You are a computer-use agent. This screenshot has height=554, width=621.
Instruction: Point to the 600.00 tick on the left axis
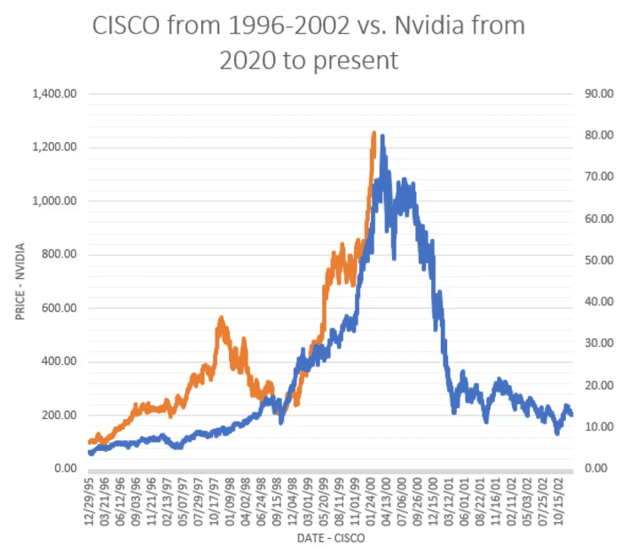tap(55, 308)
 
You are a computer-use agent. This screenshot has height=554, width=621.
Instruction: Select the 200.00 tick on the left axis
tap(55, 415)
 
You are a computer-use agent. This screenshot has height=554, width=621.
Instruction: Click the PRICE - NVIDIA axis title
tap(15, 281)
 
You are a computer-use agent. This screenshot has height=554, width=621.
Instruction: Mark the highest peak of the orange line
tap(373, 132)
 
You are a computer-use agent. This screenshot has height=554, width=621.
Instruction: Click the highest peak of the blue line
tap(382, 136)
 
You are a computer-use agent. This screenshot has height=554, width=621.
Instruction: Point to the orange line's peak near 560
tap(221, 318)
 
